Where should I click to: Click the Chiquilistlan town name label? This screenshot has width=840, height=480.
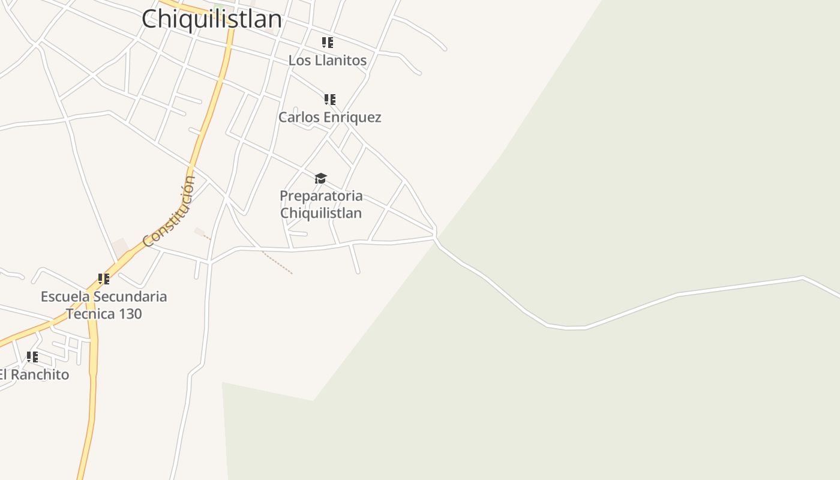[212, 19]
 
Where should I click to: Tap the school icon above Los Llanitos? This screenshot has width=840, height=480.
[327, 43]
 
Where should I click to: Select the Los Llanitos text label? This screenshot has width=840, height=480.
[327, 61]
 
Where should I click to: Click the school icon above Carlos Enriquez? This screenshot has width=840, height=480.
[329, 99]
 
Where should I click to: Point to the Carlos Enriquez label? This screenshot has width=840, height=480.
[329, 117]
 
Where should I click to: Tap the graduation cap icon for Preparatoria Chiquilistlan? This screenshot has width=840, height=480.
[320, 178]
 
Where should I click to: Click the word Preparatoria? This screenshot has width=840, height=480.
[321, 196]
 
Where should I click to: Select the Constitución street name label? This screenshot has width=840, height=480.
[170, 211]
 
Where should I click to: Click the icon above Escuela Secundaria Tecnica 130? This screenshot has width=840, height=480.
[104, 279]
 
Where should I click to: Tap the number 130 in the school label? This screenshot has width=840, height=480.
[130, 314]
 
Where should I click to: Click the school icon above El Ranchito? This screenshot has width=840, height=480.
[32, 357]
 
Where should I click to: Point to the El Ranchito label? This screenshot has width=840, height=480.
[34, 375]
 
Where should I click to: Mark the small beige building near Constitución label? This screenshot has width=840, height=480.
[121, 247]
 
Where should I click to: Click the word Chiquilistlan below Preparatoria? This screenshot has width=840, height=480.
[321, 213]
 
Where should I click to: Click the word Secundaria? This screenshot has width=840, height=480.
[130, 296]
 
